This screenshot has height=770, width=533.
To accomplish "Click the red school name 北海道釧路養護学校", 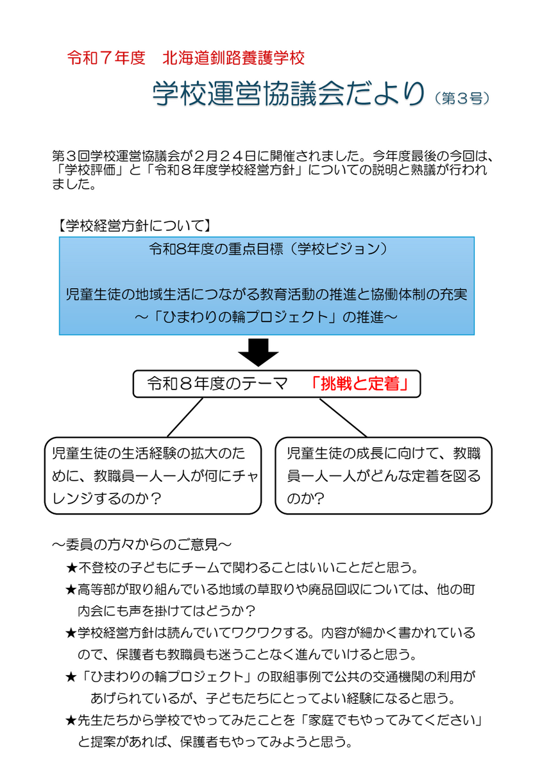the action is point(233,58).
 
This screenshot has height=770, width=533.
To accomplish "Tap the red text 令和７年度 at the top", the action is point(106,58).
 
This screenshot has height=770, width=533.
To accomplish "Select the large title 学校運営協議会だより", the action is point(289,94).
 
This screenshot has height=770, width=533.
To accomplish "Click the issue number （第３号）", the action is point(462,99).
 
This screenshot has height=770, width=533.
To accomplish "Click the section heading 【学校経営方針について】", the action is point(134,226).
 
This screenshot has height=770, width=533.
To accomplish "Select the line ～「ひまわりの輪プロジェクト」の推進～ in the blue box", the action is point(266,316).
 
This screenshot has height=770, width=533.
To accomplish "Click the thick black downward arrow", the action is point(258,352).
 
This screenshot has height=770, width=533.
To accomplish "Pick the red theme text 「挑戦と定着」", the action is point(359,384).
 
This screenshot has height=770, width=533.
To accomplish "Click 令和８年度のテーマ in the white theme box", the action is point(217,384).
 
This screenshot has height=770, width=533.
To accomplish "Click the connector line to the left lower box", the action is point(185,417).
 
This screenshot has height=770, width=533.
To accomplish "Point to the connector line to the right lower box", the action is point(343,418).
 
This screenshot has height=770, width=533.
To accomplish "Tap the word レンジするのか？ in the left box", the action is point(107,499).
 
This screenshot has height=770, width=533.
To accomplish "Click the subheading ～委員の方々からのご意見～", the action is point(142,545).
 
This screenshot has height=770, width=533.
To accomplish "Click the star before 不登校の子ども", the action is point(71,569).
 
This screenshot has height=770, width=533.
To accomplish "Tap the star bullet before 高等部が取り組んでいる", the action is point(71,590).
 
